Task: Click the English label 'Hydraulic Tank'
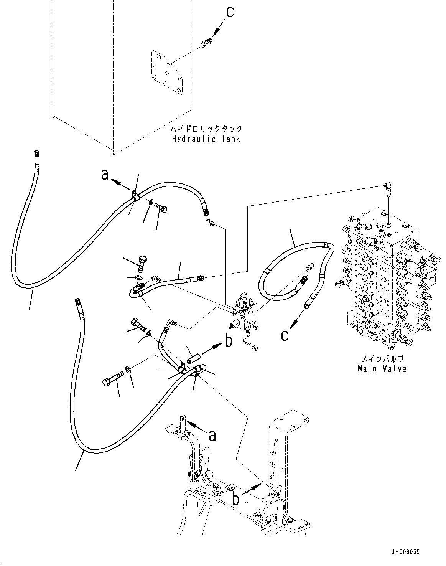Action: (206, 139)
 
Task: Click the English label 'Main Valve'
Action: (382, 369)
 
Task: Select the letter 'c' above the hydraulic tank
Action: (230, 12)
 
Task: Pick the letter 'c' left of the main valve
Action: (284, 335)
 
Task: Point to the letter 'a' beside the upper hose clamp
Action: (105, 175)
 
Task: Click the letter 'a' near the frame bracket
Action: (212, 435)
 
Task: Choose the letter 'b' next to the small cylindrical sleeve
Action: (229, 341)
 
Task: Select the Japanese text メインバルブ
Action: (382, 359)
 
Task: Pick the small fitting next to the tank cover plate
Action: (206, 44)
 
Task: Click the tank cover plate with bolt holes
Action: (168, 75)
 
